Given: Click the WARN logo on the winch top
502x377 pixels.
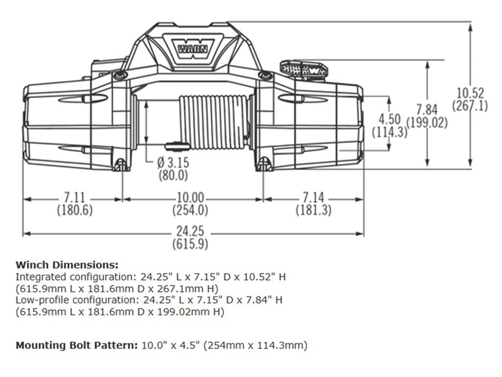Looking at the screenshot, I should (192, 48).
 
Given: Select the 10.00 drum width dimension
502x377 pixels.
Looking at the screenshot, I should (190, 198).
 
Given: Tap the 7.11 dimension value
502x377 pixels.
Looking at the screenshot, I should (75, 198).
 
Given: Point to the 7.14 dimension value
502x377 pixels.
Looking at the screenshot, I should (314, 198).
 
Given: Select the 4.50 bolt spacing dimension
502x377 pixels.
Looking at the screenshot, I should (390, 119).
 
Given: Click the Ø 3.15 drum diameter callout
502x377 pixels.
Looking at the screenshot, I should (173, 162).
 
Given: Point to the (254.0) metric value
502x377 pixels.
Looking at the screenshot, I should (190, 211).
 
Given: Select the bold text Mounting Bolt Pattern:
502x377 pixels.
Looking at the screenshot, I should (76, 345).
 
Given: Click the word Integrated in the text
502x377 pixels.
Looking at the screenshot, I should (39, 276).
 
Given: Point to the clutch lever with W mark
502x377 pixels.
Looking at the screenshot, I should (302, 68).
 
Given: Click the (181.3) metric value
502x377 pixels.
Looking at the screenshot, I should (314, 211).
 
